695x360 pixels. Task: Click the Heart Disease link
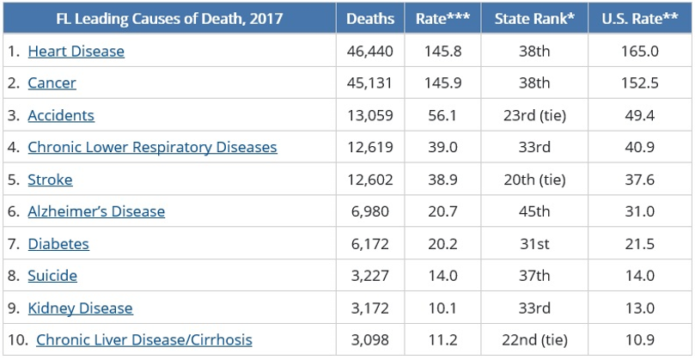click(x=76, y=52)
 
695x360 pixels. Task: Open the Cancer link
click(x=52, y=83)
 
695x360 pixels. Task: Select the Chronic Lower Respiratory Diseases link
click(x=152, y=147)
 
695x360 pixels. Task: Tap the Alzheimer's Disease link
click(x=96, y=211)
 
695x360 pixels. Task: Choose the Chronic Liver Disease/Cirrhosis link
click(x=144, y=339)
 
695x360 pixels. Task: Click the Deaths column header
click(x=370, y=19)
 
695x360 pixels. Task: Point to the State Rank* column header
click(x=534, y=19)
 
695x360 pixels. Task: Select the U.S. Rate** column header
click(x=640, y=19)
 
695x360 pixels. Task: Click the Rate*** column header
click(x=442, y=19)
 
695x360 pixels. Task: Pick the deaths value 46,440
click(x=370, y=52)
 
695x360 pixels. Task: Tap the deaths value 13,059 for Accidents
click(x=370, y=115)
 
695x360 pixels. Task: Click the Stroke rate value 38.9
click(x=442, y=180)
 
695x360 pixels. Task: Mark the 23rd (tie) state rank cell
click(x=534, y=115)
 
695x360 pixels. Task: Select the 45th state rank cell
click(x=534, y=211)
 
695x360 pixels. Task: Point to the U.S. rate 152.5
click(x=640, y=83)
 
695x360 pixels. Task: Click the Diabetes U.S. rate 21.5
click(x=640, y=244)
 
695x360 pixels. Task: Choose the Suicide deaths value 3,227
click(x=370, y=276)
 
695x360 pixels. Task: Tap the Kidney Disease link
click(x=80, y=308)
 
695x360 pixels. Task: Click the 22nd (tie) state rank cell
click(x=534, y=339)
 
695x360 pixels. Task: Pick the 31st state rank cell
click(x=534, y=244)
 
